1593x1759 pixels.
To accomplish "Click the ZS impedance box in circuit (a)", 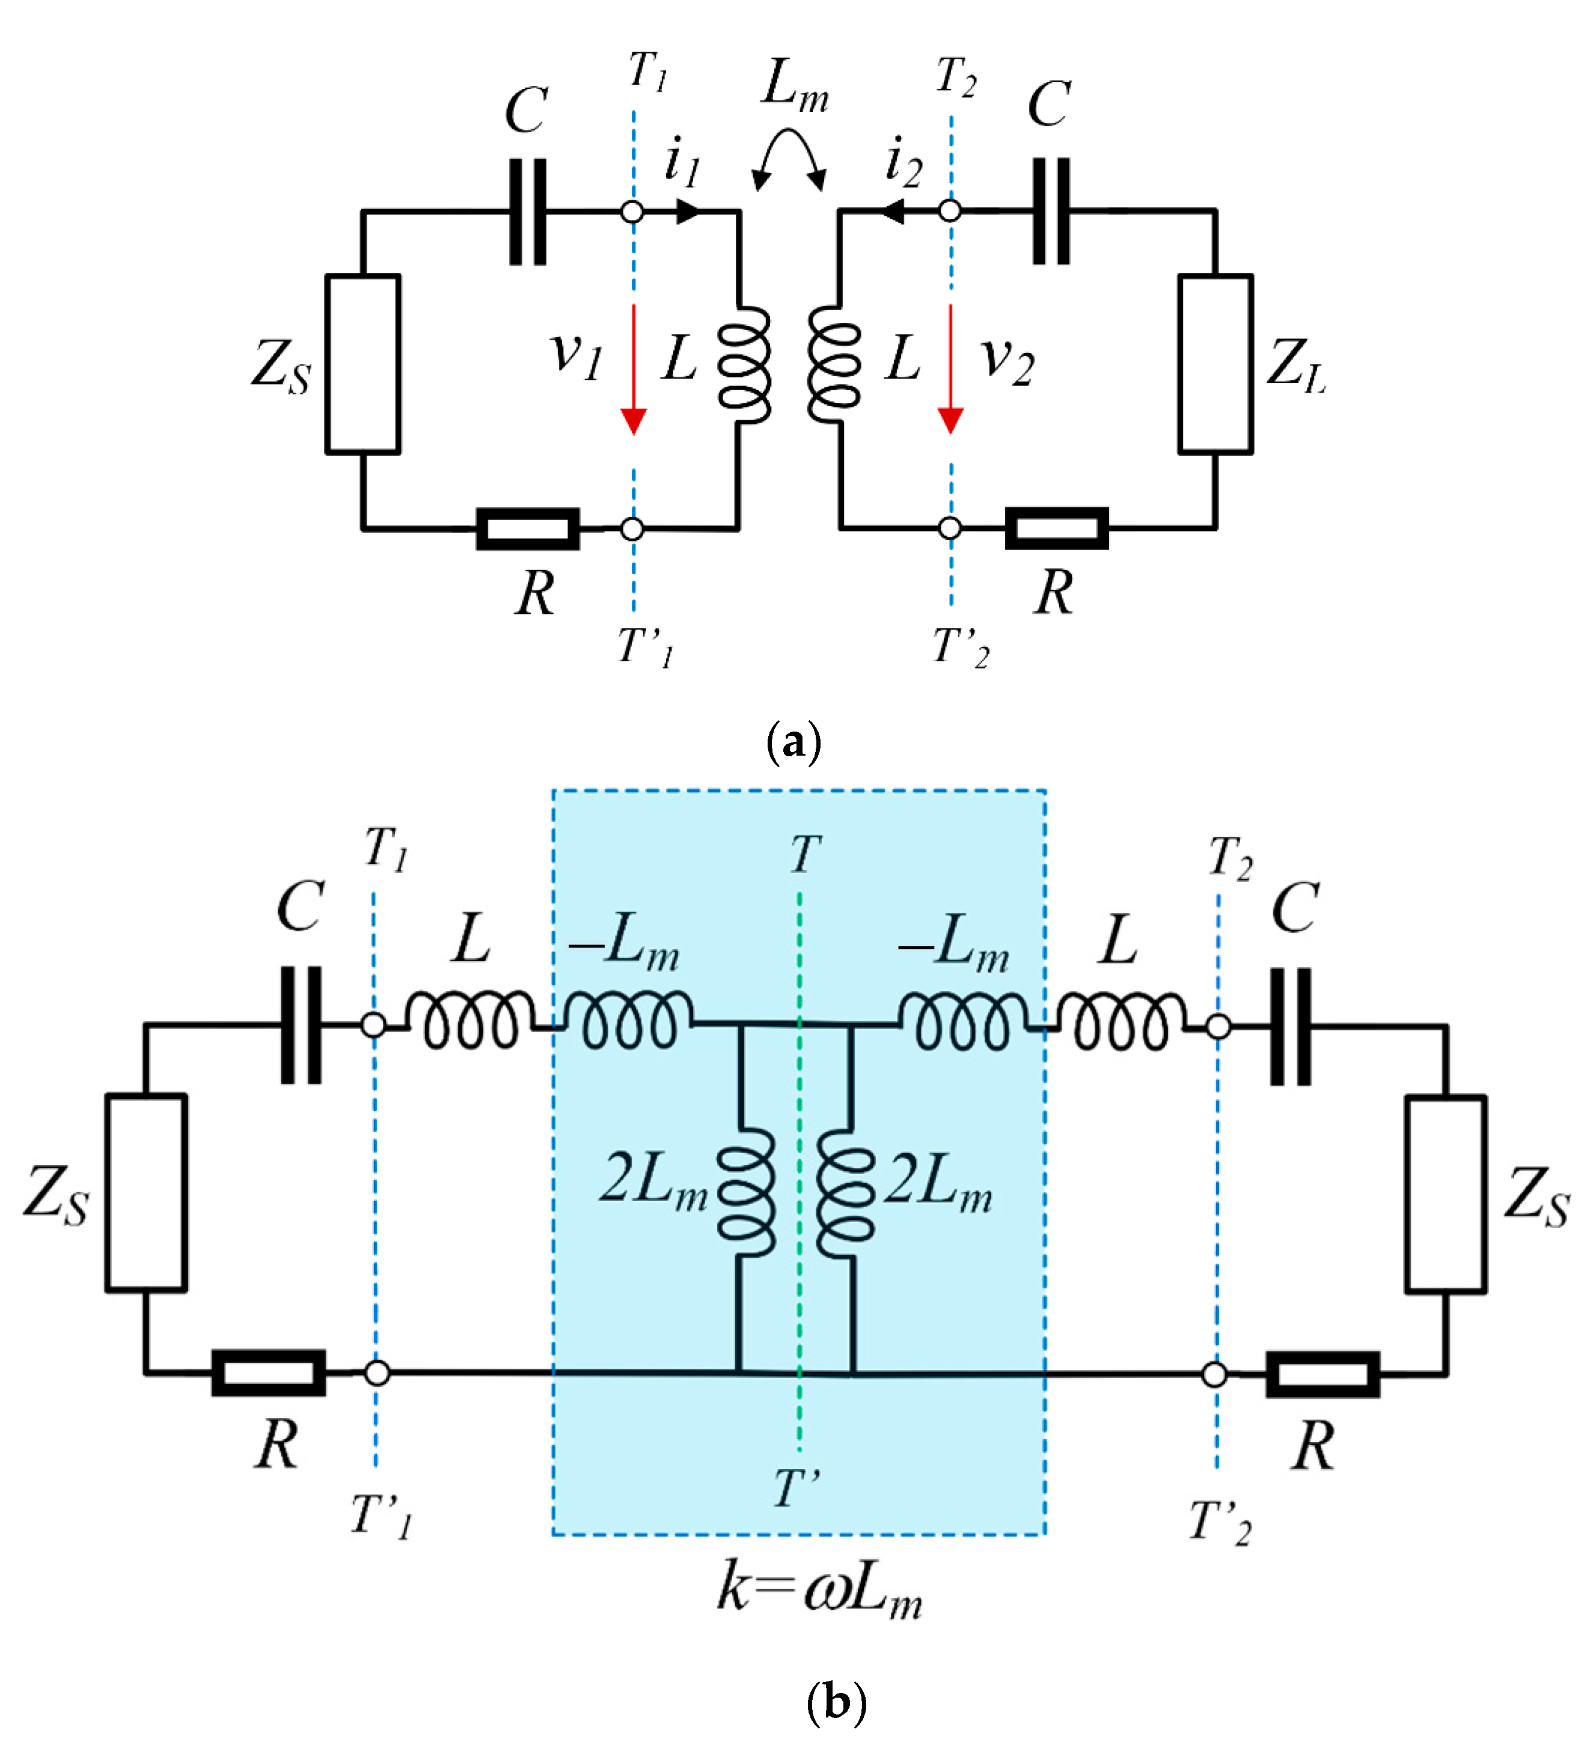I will click(363, 365).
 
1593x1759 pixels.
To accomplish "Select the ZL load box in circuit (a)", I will click(1215, 365).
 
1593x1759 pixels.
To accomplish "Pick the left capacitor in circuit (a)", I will click(528, 211).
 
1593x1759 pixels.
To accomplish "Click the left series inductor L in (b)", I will click(471, 1021).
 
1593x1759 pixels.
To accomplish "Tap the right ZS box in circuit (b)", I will click(1446, 1195).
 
